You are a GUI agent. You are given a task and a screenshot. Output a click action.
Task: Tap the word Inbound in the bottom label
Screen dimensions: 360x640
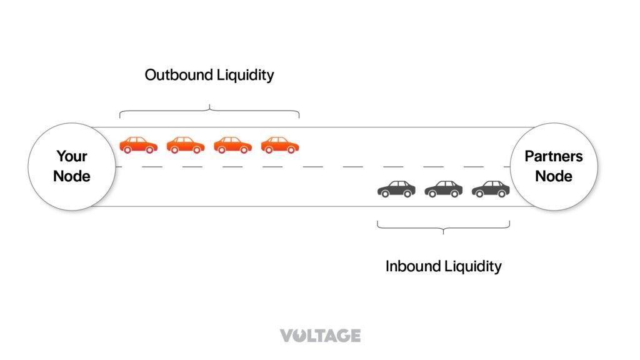pos(412,266)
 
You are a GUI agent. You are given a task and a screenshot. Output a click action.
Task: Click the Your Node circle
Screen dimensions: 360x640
pos(72,166)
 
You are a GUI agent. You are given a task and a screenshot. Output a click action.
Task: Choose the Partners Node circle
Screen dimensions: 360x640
pos(553,166)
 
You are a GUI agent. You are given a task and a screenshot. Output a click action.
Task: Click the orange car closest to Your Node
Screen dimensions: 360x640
pos(139,145)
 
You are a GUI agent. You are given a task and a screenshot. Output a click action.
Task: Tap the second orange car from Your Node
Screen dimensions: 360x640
pos(186,145)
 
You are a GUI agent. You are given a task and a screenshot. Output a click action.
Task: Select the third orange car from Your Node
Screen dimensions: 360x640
pos(232,145)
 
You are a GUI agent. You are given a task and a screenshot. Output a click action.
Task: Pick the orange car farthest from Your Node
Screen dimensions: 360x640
pos(280,145)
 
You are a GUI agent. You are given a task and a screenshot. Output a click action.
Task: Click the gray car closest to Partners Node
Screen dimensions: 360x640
pos(491,189)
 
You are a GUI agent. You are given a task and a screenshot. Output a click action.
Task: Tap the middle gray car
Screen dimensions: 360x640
pos(444,189)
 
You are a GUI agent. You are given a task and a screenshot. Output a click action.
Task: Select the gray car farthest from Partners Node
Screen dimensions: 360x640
pos(396,189)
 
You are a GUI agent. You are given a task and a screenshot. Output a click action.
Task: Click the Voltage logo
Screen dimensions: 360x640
pos(320,336)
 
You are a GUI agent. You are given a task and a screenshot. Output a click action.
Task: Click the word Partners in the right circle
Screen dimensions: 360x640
pos(553,156)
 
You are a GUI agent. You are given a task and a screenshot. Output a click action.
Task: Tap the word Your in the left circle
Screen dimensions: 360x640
pos(72,156)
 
